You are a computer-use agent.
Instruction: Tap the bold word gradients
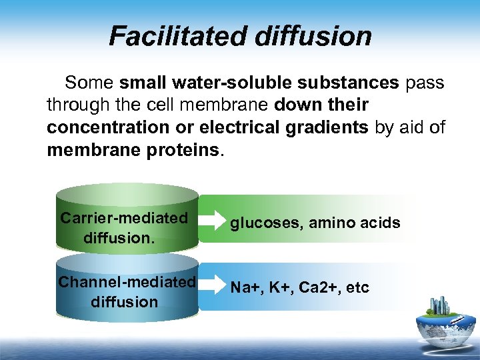coord(328,127)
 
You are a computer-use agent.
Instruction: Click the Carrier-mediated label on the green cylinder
coord(124,218)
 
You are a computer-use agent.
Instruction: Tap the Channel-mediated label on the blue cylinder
coord(127,282)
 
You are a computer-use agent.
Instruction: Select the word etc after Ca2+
coord(357,287)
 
